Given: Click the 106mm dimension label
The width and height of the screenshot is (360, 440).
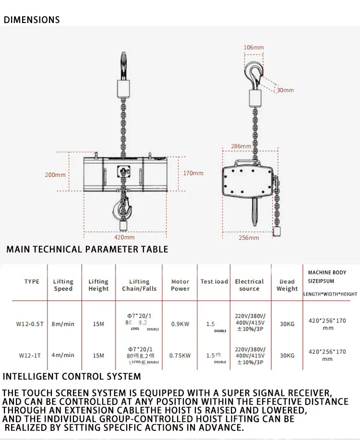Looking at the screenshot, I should click(253, 48).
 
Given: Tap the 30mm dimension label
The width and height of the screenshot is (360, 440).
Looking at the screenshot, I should click(285, 90).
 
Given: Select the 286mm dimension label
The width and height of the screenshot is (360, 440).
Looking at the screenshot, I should click(241, 146).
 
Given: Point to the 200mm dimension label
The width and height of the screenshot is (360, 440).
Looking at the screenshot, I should click(55, 175).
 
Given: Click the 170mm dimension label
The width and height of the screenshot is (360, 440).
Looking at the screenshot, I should click(193, 173).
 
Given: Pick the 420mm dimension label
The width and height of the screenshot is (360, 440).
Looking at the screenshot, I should click(124, 237).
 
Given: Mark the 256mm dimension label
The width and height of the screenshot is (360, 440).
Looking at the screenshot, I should click(249, 238).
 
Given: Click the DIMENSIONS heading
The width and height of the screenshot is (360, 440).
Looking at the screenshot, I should click(32, 20).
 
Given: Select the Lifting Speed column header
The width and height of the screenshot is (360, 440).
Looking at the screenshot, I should click(63, 285).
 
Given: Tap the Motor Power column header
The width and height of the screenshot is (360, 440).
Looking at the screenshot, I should click(180, 285).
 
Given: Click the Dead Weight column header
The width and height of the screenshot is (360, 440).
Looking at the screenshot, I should click(287, 285).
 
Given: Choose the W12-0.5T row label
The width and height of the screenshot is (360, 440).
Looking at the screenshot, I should click(30, 324).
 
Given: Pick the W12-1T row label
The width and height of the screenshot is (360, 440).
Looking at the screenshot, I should click(29, 356).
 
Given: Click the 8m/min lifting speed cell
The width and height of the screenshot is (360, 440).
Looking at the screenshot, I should click(63, 324).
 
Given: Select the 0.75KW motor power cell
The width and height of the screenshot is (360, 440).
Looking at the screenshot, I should click(180, 356).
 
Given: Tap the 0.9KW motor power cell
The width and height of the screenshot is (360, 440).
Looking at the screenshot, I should click(180, 324).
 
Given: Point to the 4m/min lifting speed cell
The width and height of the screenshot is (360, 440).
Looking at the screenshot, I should click(63, 356).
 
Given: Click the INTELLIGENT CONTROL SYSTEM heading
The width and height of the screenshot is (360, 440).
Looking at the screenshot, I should click(72, 376).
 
